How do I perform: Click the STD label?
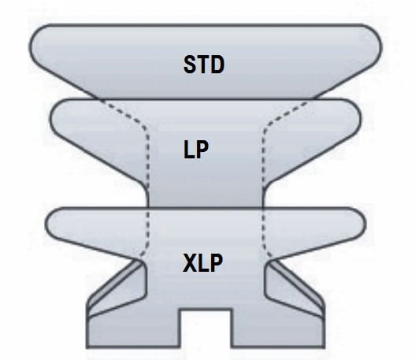(x=204, y=65)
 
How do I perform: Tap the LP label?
(x=196, y=150)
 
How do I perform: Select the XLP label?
(x=202, y=263)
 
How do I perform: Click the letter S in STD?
(x=190, y=65)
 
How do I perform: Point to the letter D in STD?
(x=218, y=65)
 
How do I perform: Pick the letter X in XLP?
(x=190, y=263)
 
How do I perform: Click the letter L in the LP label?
(x=188, y=150)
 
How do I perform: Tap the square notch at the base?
(x=205, y=328)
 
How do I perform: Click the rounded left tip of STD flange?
(x=30, y=48)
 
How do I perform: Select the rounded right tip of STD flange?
(x=381, y=48)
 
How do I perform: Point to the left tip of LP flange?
(x=50, y=118)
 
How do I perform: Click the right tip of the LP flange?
(x=361, y=118)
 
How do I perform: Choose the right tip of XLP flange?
(x=365, y=223)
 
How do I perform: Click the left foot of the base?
(x=133, y=332)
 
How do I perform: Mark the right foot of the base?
(x=278, y=332)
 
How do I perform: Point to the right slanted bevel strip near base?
(x=297, y=284)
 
